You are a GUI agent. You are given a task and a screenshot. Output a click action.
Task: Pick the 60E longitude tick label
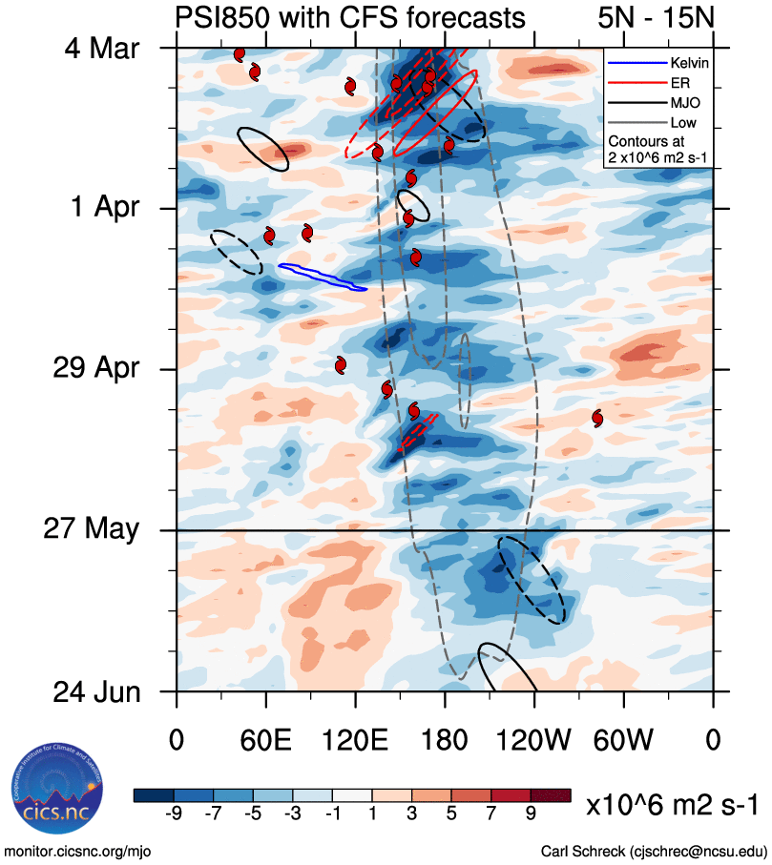[266, 739]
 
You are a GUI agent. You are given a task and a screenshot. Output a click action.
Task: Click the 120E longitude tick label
[355, 739]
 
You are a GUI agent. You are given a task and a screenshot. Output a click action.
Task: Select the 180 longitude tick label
[445, 739]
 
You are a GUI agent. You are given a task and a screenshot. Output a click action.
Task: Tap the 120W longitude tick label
[533, 739]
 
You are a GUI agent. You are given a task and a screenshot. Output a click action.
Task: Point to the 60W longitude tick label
[623, 739]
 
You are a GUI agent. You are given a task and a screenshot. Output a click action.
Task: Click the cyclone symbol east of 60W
[597, 418]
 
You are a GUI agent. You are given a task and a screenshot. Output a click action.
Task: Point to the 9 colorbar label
[531, 813]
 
